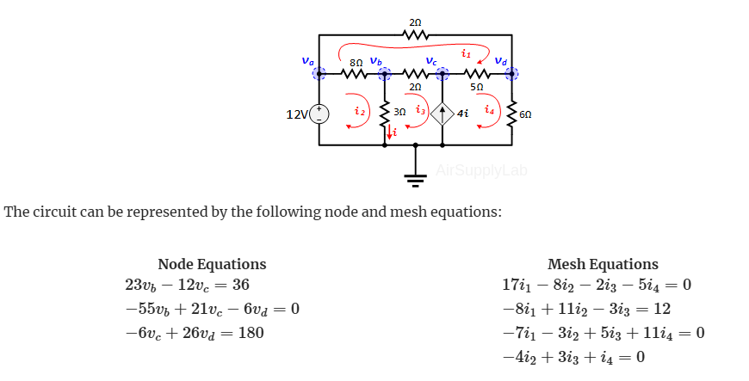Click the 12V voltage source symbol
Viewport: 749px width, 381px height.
point(319,113)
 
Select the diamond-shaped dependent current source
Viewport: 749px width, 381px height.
point(443,113)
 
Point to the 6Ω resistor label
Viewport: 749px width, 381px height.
point(526,113)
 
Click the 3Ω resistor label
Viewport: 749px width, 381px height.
point(399,112)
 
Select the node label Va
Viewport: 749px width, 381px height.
point(307,60)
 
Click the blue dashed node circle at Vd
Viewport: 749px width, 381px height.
point(513,74)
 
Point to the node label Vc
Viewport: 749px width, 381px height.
point(431,60)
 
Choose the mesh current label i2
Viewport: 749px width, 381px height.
point(360,111)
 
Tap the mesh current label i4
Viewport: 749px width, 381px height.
point(489,111)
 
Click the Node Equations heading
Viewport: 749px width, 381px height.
point(212,264)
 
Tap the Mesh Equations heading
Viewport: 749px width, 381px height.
point(603,264)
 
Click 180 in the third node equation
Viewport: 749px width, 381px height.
point(251,332)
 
